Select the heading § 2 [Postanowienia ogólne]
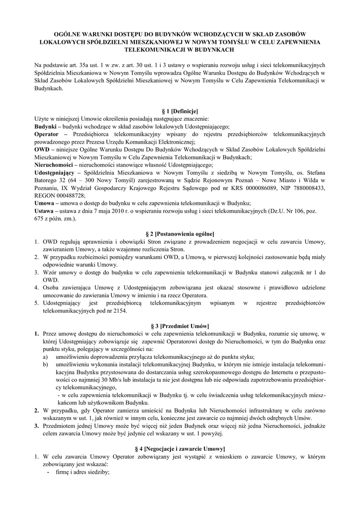click(x=180, y=233)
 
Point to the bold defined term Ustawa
click(x=46, y=210)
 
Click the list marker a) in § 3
click(x=45, y=356)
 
